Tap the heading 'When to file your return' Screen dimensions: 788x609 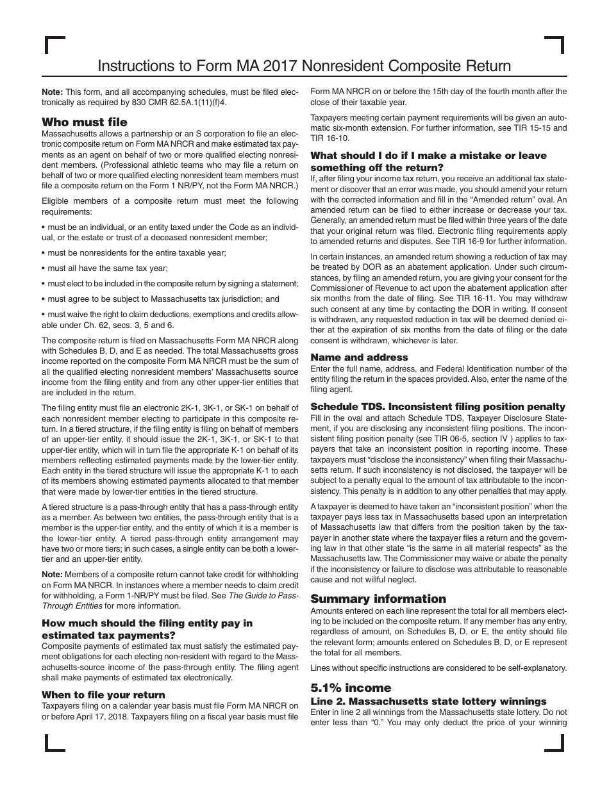pyautogui.click(x=103, y=694)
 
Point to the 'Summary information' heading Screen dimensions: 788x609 pyautogui.click(x=378, y=598)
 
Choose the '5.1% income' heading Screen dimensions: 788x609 pyautogui.click(x=351, y=687)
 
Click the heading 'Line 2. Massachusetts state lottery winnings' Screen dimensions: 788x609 pyautogui.click(x=428, y=701)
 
